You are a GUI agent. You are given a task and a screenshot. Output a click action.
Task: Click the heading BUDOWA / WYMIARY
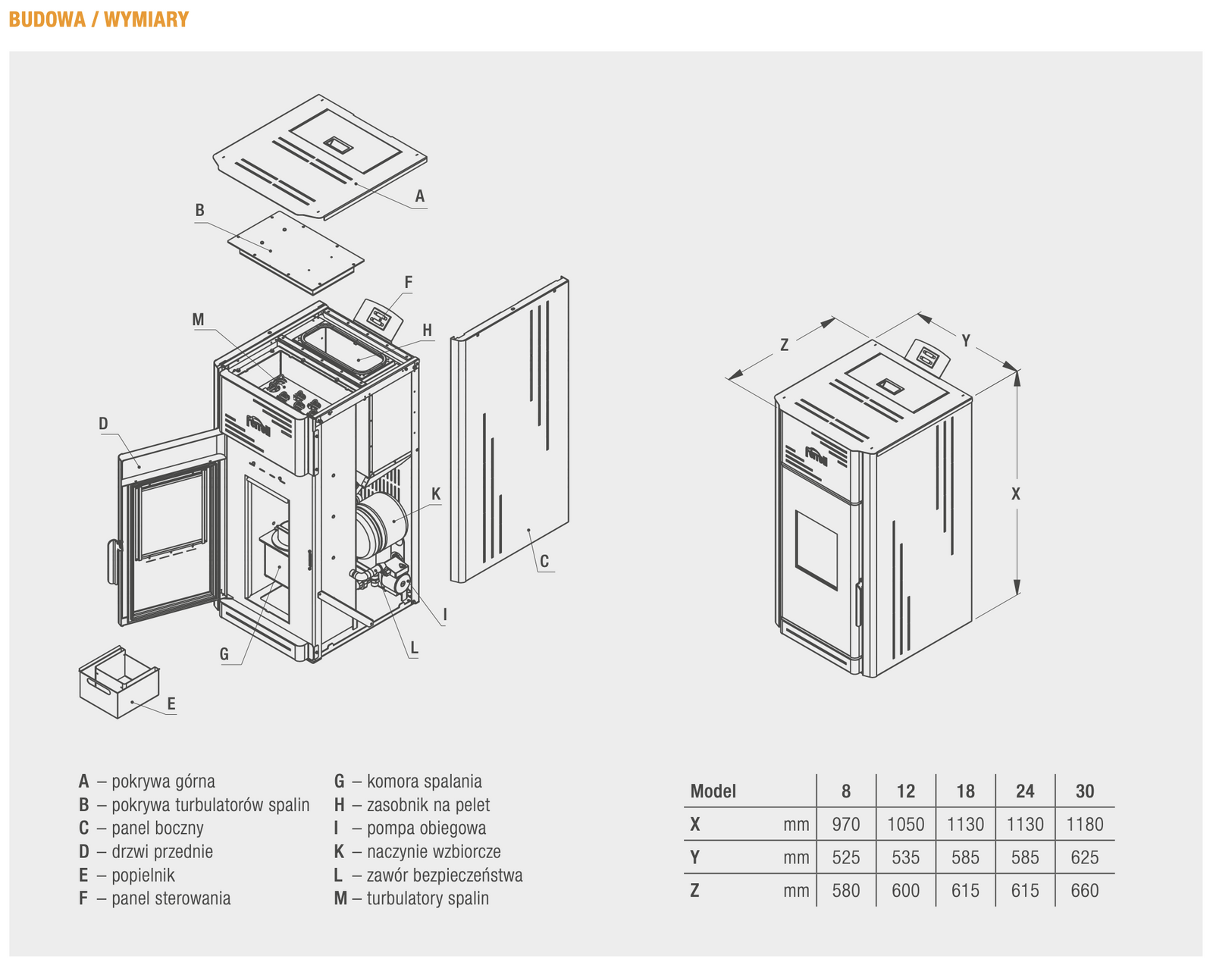click(x=99, y=20)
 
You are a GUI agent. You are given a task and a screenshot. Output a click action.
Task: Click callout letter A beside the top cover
click(x=419, y=196)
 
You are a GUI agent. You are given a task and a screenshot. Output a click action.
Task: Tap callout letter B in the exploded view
click(x=199, y=210)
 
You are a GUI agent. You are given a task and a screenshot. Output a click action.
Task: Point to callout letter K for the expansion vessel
click(x=436, y=494)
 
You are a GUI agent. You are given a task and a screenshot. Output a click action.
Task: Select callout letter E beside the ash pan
click(x=171, y=704)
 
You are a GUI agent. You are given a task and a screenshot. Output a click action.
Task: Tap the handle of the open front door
click(x=114, y=561)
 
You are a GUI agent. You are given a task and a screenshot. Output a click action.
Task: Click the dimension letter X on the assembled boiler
click(x=1016, y=494)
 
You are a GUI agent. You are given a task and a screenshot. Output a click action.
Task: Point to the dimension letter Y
click(x=966, y=341)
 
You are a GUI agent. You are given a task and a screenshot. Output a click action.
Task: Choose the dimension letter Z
click(x=785, y=346)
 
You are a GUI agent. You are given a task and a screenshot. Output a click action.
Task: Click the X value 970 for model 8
click(x=846, y=825)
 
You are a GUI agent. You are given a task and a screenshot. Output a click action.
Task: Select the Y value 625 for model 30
click(x=1084, y=857)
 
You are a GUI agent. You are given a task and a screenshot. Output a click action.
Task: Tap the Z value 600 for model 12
click(x=905, y=891)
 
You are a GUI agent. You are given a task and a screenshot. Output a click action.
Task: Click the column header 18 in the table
click(x=965, y=791)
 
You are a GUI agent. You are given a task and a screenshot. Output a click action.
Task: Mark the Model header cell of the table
click(x=713, y=791)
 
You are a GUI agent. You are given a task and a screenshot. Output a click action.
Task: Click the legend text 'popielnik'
click(x=143, y=876)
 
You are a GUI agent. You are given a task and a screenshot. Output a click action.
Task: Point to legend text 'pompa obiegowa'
click(x=426, y=829)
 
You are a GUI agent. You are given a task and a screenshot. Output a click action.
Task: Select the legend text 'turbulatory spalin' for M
click(x=428, y=899)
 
